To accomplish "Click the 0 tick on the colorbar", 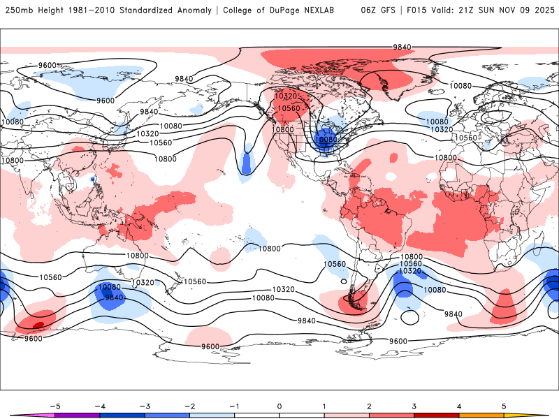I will [279, 406].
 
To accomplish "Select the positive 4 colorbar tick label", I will [459, 406].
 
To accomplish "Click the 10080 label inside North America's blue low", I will [326, 139].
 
